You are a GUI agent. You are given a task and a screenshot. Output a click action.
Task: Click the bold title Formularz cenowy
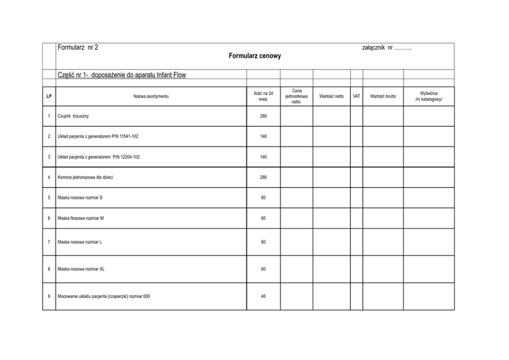pos(254,56)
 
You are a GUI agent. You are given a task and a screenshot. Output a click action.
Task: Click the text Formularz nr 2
pos(78,48)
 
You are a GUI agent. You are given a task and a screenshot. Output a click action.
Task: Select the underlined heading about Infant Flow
pos(122,75)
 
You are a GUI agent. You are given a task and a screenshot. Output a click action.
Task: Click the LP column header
pos(49,96)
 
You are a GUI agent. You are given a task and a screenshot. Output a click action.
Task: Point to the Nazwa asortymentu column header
pos(151,96)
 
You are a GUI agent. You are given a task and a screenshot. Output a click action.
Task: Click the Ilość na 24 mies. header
pos(263,96)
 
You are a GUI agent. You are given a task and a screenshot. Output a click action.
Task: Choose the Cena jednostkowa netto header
pos(297,96)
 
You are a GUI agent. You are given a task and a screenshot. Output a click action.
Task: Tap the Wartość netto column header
pos(331,96)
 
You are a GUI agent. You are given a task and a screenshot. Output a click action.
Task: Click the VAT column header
pos(357,96)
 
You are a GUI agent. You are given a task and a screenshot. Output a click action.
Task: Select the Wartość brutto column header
pos(383,96)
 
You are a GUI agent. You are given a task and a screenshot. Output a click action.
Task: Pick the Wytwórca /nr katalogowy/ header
pos(428,96)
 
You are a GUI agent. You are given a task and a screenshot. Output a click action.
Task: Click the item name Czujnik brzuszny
pos(73,116)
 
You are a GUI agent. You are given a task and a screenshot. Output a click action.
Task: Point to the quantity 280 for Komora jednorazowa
pos(263,177)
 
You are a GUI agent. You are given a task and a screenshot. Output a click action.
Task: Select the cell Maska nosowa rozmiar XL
pos(81,269)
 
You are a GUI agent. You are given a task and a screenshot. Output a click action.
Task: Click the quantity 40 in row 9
pos(263,296)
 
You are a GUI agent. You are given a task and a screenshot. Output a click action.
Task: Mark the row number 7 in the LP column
pos(49,242)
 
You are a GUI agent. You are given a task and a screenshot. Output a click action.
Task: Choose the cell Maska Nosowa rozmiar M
pos(81,218)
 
